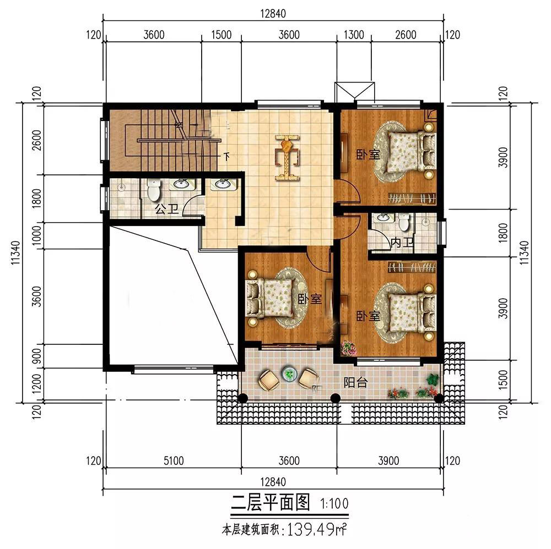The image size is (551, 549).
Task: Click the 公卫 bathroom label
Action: point(166,210)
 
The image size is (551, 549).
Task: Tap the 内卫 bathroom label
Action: point(402,243)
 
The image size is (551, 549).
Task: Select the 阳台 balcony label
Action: point(355,382)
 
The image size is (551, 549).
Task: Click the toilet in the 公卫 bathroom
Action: point(154,190)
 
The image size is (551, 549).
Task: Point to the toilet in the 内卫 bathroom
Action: point(404,222)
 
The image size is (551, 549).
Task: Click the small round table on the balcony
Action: point(289,374)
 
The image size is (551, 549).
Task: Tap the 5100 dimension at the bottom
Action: point(174,460)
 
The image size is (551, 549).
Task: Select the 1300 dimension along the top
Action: point(354,35)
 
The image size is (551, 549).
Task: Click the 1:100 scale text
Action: point(334,504)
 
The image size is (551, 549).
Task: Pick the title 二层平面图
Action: point(270,502)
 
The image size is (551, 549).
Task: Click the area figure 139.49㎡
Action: point(317,529)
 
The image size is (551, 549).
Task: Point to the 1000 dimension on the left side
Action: point(36,235)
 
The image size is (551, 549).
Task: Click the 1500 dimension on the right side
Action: point(503,380)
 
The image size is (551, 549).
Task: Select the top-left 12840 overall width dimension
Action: point(273,14)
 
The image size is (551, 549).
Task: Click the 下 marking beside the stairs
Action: point(226,156)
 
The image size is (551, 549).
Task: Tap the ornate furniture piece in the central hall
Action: point(288,157)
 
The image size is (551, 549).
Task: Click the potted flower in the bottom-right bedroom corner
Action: point(348,348)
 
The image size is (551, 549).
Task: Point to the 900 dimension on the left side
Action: point(36,356)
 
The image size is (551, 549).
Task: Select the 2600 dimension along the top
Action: point(406,35)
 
